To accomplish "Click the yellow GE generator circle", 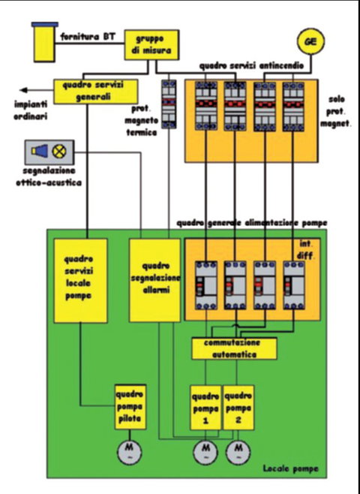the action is click(x=311, y=41).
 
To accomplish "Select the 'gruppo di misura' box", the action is click(x=151, y=45).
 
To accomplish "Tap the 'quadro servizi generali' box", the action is click(x=96, y=92).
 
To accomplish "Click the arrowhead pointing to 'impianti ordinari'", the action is click(x=24, y=90).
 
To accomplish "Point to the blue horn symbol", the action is click(x=40, y=151).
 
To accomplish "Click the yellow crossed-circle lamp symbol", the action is click(x=59, y=152).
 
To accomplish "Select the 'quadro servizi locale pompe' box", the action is click(x=80, y=280).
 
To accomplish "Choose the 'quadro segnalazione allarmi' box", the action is click(x=154, y=280).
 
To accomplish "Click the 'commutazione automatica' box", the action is click(x=235, y=348).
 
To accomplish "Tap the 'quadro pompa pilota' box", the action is click(x=130, y=407).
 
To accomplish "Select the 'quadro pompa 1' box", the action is click(x=205, y=408).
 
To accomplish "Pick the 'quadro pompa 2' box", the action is click(x=238, y=408).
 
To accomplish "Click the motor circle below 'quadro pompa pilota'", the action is click(x=129, y=452).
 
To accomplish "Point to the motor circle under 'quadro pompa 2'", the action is click(x=238, y=452).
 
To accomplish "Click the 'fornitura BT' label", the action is click(x=88, y=37).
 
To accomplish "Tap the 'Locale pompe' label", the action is click(x=291, y=468).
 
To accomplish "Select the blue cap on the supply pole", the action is click(x=45, y=24).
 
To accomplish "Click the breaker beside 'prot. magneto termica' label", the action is click(x=169, y=104).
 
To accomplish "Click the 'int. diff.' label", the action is click(x=306, y=250).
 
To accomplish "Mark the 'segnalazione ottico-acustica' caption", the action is click(x=49, y=176).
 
